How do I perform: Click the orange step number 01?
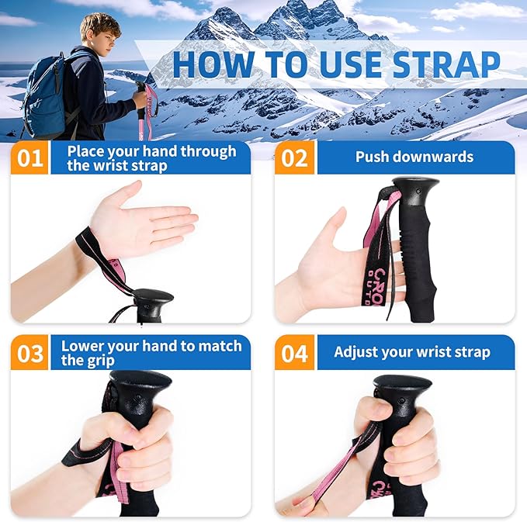(x=29, y=158)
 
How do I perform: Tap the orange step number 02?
(x=295, y=158)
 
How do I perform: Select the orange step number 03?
(x=29, y=353)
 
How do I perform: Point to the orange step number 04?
(x=295, y=353)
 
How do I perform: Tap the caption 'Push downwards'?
(x=414, y=157)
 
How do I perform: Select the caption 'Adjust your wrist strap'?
(x=411, y=352)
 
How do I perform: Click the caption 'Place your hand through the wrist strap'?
(x=151, y=158)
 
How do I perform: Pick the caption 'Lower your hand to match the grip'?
(x=151, y=353)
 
